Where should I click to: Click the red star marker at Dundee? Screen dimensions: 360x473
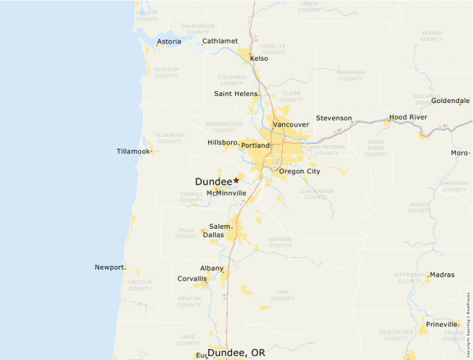(236, 180)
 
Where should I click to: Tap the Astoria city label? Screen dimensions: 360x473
(169, 41)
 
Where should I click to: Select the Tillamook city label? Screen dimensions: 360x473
(133, 151)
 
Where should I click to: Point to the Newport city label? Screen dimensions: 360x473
(110, 267)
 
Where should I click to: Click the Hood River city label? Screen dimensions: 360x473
(408, 117)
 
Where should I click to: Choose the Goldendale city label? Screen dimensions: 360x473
(450, 101)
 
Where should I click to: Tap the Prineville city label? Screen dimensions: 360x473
(442, 324)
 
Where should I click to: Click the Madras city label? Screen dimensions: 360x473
(442, 275)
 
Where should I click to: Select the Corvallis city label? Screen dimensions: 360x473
(192, 278)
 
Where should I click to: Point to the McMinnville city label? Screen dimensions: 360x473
(226, 193)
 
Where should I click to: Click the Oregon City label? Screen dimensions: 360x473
(299, 171)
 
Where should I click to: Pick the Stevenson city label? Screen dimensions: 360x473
(334, 118)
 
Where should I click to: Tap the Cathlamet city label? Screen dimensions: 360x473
(220, 41)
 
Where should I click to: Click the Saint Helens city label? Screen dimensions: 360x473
(236, 93)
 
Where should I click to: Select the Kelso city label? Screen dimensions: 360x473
(259, 59)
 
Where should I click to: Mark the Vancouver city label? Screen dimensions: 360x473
(290, 124)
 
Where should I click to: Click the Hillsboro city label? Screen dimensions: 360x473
(223, 142)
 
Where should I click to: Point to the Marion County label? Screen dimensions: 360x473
(280, 242)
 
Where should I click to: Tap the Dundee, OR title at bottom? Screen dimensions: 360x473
(236, 353)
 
